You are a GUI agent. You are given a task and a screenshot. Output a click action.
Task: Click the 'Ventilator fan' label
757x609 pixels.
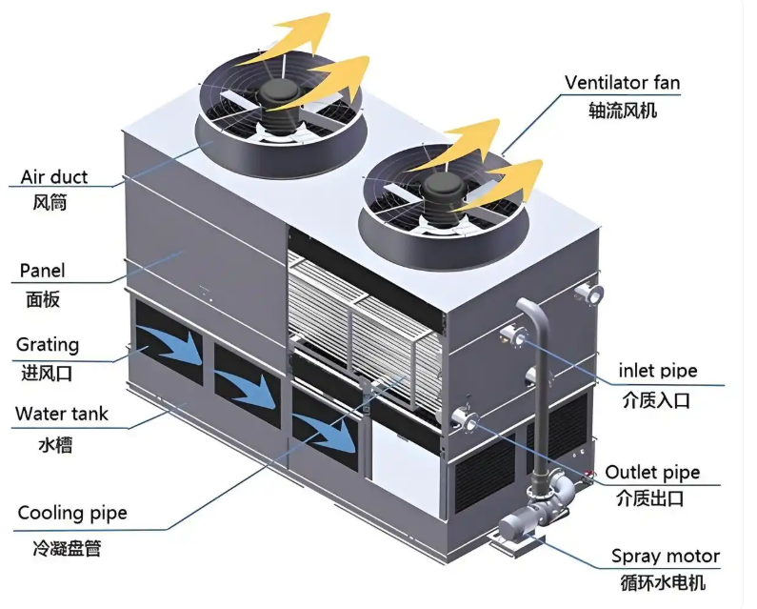[623, 83]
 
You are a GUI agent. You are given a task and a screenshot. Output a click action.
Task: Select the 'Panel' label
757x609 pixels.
[43, 272]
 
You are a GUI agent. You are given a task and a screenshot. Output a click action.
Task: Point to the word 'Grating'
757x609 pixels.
[48, 345]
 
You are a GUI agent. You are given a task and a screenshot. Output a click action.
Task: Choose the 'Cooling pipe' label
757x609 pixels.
[72, 515]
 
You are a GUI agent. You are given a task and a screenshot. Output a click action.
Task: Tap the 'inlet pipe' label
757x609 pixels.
[658, 371]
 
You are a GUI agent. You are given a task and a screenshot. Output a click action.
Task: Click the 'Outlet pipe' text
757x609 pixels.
[652, 473]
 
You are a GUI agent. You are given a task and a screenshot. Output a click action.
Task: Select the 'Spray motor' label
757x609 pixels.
[665, 557]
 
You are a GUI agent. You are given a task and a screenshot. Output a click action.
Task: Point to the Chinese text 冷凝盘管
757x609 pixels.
[59, 548]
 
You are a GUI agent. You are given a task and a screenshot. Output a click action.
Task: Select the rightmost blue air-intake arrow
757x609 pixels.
[329, 425]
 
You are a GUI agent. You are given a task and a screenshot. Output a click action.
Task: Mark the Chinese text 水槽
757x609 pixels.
[55, 444]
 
